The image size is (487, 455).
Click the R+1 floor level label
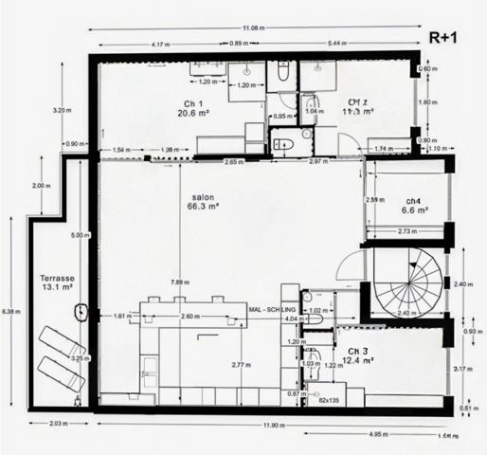click(x=445, y=38)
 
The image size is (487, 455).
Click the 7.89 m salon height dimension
click(x=177, y=282)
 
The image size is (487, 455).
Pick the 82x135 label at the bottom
click(x=329, y=402)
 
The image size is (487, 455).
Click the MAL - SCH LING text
click(x=273, y=309)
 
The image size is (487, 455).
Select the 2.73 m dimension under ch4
click(x=408, y=230)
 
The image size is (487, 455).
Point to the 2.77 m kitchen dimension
click(x=246, y=364)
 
